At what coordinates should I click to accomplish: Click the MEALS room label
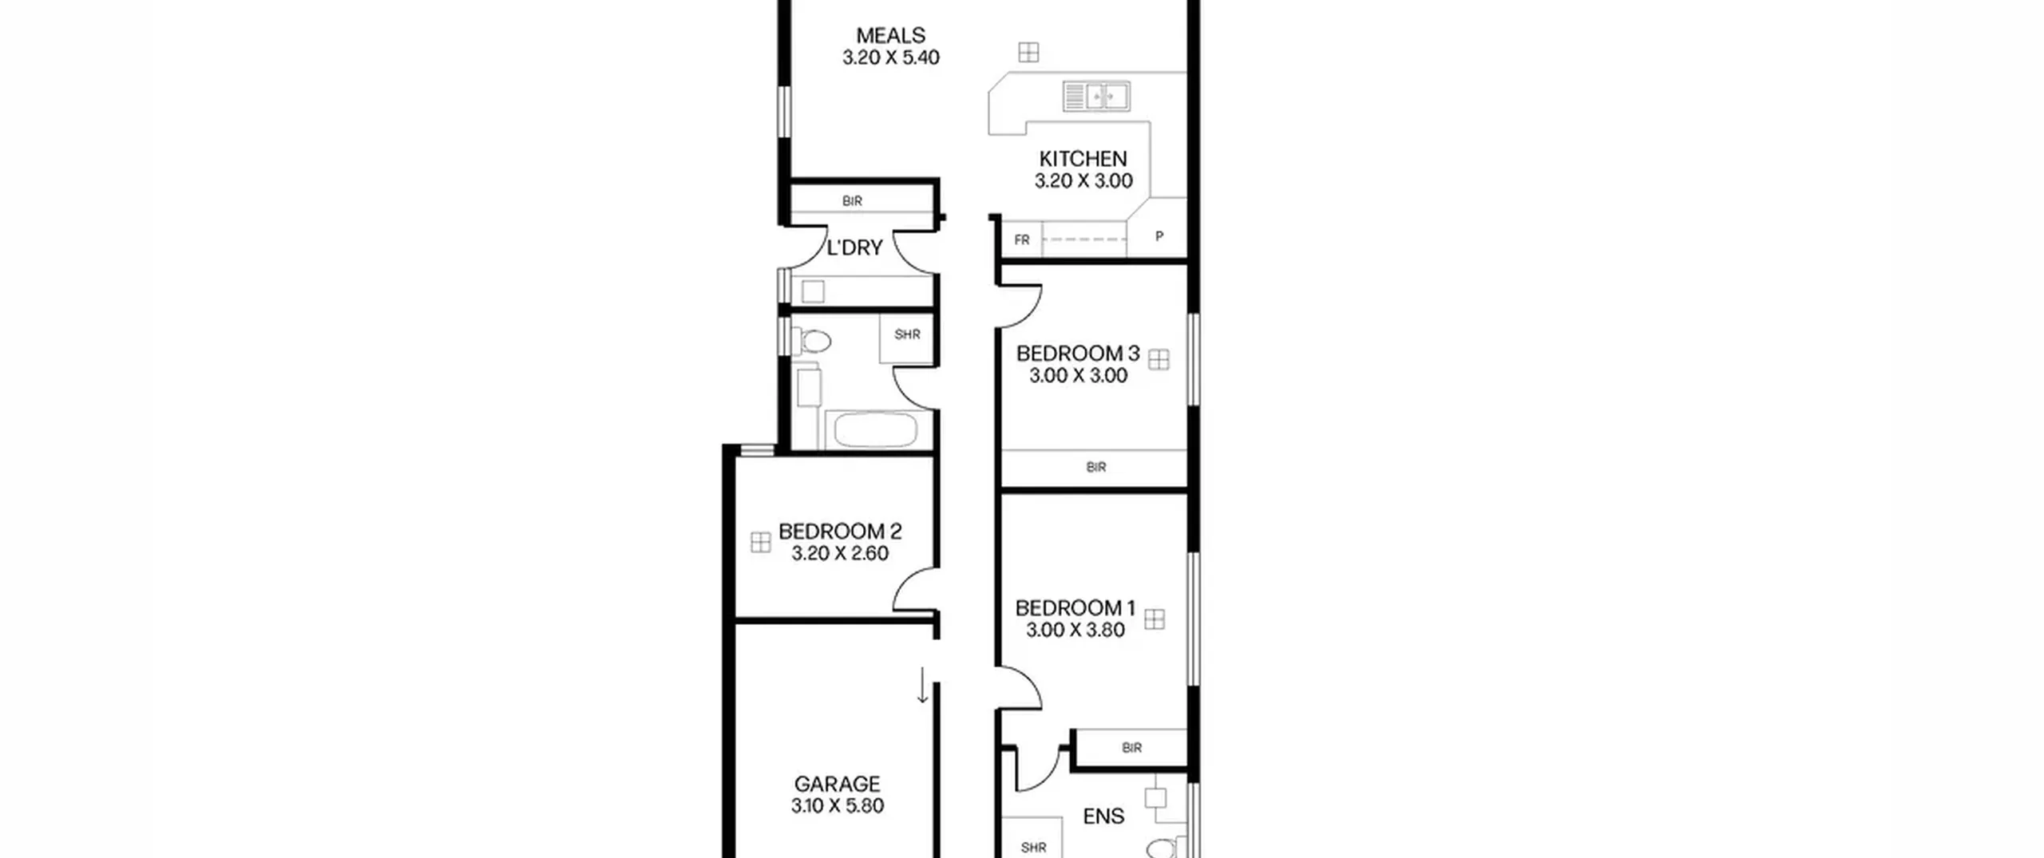point(890,35)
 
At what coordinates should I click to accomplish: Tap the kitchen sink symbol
point(1096,97)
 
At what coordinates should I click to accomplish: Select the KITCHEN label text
point(1083,159)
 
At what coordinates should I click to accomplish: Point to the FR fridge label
point(1022,239)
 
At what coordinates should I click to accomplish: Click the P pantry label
point(1159,236)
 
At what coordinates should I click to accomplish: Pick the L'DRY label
point(854,248)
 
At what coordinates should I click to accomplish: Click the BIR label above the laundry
point(852,201)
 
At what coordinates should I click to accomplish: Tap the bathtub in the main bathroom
point(876,430)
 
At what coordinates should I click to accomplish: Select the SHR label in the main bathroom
point(907,334)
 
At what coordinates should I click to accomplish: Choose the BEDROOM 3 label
point(1077,354)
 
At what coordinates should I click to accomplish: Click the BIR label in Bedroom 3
point(1096,467)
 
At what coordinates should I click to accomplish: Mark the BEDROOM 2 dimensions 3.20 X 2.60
point(840,553)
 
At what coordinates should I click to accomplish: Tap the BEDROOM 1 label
point(1075,608)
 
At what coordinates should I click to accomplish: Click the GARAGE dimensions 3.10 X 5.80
point(838,805)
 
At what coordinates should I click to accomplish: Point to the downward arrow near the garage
point(922,686)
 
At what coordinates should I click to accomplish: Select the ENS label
point(1103,816)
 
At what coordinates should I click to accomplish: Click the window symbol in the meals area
point(1028,53)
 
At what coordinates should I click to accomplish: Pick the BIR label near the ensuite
point(1131,748)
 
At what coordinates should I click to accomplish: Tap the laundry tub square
point(813,291)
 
